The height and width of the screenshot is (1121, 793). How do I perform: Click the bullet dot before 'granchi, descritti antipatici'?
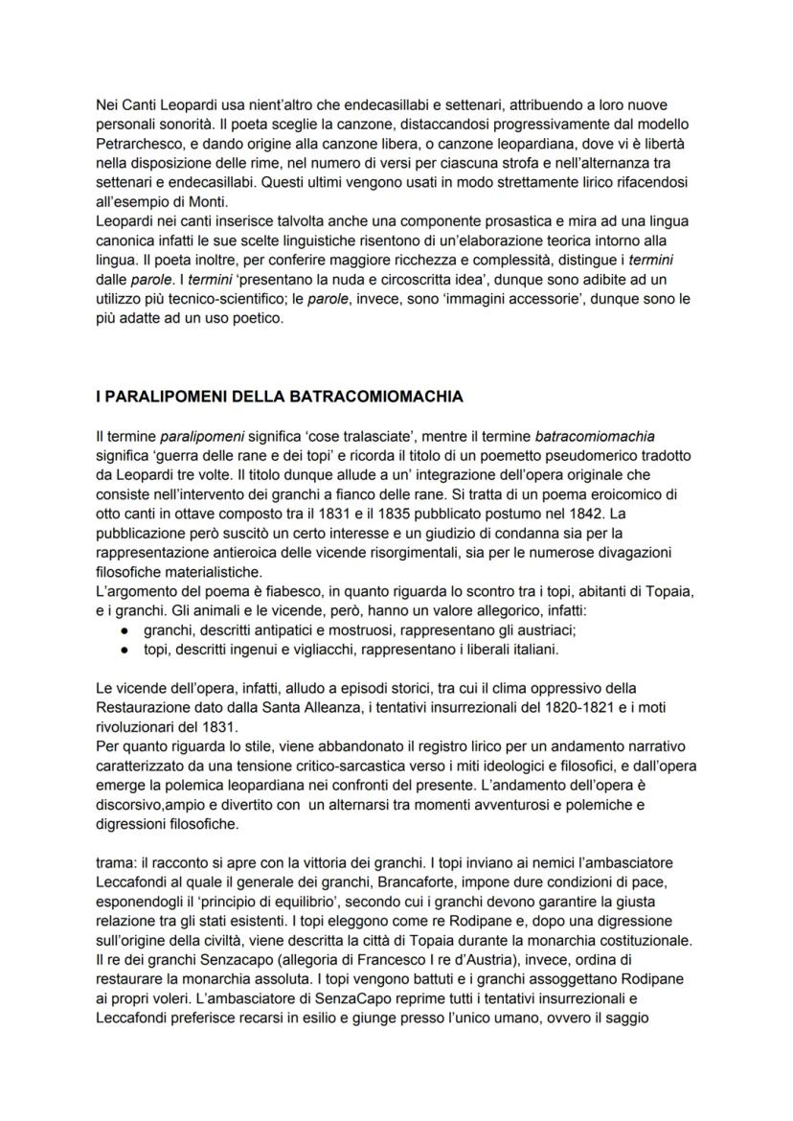(125, 630)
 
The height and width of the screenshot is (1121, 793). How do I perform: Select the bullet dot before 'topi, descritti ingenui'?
(125, 649)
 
